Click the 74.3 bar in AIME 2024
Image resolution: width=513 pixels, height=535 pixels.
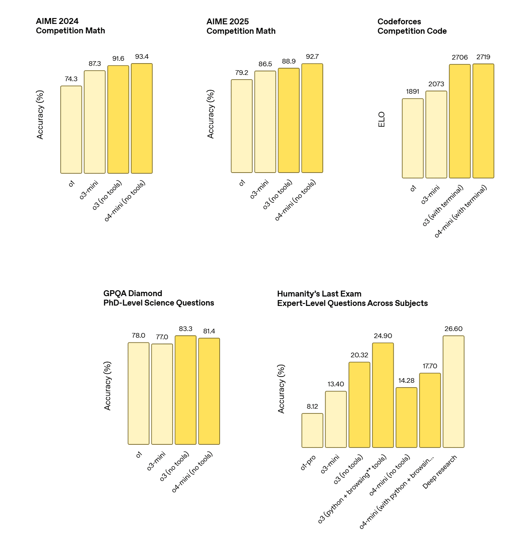coord(71,129)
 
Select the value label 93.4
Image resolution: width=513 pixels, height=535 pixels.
coord(142,57)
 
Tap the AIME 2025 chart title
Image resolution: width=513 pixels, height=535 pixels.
coord(241,26)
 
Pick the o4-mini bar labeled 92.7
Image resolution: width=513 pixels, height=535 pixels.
coord(312,118)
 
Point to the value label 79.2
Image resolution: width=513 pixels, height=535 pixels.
coord(242,73)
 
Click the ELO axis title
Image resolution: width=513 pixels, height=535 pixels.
coord(382,120)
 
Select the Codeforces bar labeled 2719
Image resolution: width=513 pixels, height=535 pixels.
coord(483,121)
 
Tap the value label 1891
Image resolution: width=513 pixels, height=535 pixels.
coord(413,92)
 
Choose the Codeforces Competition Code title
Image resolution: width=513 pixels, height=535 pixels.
coord(412,26)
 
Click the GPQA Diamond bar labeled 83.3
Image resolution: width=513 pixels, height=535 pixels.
coord(186,390)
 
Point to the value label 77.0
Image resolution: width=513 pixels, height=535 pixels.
coord(162,337)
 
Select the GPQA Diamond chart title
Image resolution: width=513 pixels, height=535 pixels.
coord(158,298)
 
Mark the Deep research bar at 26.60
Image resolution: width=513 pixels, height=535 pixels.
coord(453,391)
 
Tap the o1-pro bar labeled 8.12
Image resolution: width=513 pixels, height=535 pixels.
coord(312,430)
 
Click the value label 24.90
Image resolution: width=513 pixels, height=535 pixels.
coord(383,336)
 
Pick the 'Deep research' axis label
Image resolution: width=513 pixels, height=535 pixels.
coord(440,472)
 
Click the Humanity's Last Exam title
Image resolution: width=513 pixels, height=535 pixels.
coord(352,298)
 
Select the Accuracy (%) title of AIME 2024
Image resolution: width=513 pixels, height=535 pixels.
coord(40,115)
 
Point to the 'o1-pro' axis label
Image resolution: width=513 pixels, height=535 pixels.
coord(308,463)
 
